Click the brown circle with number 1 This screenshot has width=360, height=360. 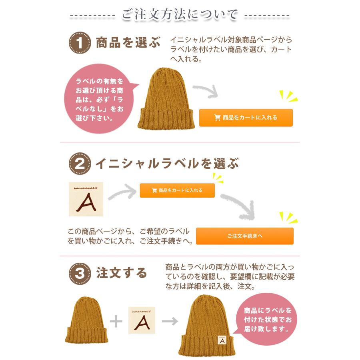click(x=80, y=43)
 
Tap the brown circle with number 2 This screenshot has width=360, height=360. click(x=80, y=164)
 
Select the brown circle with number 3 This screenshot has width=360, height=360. click(x=80, y=274)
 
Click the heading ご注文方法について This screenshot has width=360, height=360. click(x=180, y=15)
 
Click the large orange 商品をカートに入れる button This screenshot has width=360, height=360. click(x=246, y=118)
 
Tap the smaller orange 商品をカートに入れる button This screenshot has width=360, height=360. click(x=177, y=190)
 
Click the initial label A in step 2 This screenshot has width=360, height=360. click(x=86, y=199)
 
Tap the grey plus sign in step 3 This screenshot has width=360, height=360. click(x=116, y=321)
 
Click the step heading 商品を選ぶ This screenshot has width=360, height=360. click(x=128, y=43)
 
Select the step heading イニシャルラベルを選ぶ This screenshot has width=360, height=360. click(x=167, y=164)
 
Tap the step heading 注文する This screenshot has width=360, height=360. click(x=122, y=274)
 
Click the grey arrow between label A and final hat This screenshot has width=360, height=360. click(x=170, y=321)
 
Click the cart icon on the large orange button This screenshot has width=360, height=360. click(x=218, y=118)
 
